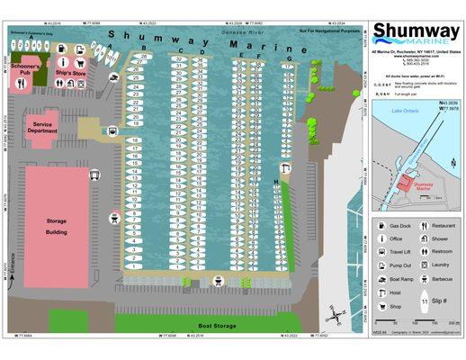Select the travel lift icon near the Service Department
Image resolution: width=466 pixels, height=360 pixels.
[x=112, y=129]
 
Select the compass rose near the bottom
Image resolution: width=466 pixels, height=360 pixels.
[x=336, y=314]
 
